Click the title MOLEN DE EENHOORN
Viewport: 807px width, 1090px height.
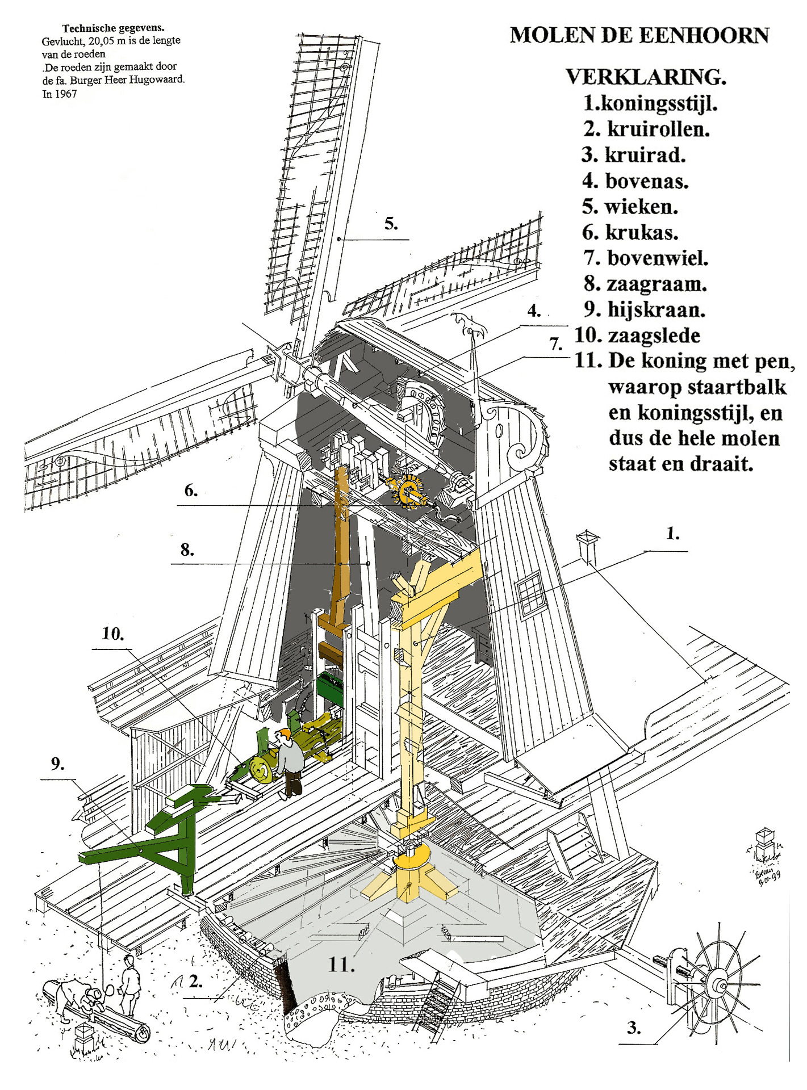pyautogui.click(x=639, y=35)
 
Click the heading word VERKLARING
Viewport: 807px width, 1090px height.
pyautogui.click(x=646, y=77)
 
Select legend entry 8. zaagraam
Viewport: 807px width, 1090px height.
pyautogui.click(x=646, y=283)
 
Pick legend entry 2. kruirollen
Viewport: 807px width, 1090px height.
pyautogui.click(x=647, y=129)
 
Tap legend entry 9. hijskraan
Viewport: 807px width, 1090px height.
pyautogui.click(x=645, y=309)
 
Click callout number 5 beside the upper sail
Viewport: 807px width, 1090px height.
pyautogui.click(x=391, y=224)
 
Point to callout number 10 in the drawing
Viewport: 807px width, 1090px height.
pyautogui.click(x=112, y=634)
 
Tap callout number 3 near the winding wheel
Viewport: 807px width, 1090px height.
pyautogui.click(x=634, y=1028)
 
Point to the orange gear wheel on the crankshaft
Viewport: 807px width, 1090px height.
pyautogui.click(x=408, y=491)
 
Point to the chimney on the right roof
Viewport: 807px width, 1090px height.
pyautogui.click(x=587, y=546)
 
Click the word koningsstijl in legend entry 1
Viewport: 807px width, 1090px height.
pyautogui.click(x=659, y=103)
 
